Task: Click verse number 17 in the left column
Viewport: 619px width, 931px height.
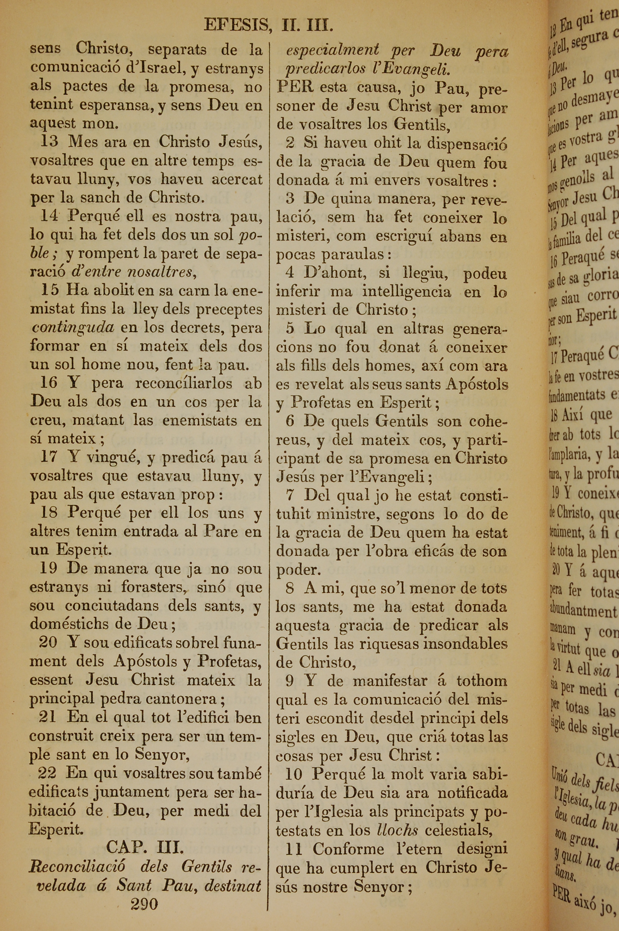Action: point(49,457)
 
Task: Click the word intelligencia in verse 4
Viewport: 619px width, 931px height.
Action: point(407,291)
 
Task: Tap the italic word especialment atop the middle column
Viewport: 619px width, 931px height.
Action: point(332,50)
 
